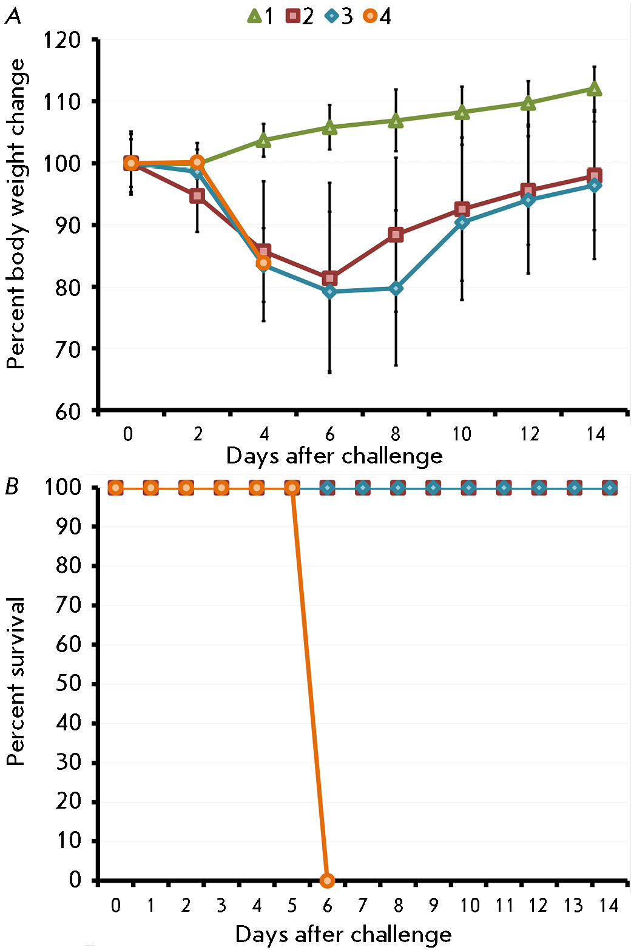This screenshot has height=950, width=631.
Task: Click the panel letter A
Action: pos(13,16)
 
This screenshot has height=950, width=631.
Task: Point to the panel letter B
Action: pos(12,487)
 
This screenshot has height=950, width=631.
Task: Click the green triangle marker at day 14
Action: pos(595,89)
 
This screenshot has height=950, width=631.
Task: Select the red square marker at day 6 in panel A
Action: pos(329,278)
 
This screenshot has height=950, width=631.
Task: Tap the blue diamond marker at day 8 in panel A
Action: pos(396,289)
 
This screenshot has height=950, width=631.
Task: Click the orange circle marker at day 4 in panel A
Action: pos(263,263)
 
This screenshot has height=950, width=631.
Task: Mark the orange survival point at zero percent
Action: pos(328,880)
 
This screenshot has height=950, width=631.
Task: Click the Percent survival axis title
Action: pos(16,681)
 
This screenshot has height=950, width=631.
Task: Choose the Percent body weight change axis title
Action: pos(16,214)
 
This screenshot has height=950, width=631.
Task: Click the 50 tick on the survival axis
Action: pos(69,684)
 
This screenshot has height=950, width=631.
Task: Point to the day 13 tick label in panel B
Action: pos(573,906)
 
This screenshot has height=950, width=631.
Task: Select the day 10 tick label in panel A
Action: pos(462,434)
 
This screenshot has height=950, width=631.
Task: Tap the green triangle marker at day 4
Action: pos(263,141)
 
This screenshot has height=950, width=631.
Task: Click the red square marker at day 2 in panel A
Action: pos(197,195)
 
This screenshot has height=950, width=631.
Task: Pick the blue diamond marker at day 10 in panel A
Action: pos(462,222)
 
